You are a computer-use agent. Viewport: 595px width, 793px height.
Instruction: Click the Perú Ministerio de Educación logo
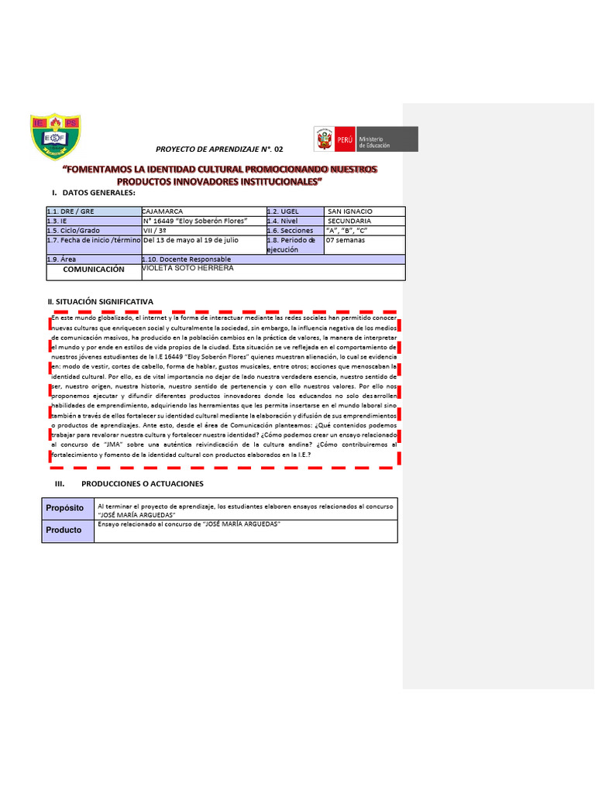coord(365,139)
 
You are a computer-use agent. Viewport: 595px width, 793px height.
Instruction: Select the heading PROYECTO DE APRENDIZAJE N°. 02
coord(220,148)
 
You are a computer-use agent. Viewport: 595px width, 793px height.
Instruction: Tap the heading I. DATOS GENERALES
coord(94,192)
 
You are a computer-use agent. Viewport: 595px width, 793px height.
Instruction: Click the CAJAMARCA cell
coord(163,211)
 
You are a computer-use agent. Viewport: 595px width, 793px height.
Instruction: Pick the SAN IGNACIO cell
coord(349,211)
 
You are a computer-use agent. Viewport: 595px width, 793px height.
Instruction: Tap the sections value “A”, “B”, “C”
coord(346,230)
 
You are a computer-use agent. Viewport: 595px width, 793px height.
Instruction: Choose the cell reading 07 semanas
coord(346,240)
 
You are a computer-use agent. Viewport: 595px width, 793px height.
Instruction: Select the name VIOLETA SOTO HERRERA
coord(188,268)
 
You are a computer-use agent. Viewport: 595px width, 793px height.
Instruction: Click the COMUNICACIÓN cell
coord(93,269)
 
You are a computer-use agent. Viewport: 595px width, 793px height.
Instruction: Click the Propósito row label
coord(65,508)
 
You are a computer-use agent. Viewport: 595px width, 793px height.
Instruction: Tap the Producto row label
coord(64,530)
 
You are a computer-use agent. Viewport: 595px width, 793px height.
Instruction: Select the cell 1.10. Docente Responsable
coord(186,259)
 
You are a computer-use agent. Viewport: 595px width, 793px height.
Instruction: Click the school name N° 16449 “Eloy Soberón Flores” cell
coord(195,221)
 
